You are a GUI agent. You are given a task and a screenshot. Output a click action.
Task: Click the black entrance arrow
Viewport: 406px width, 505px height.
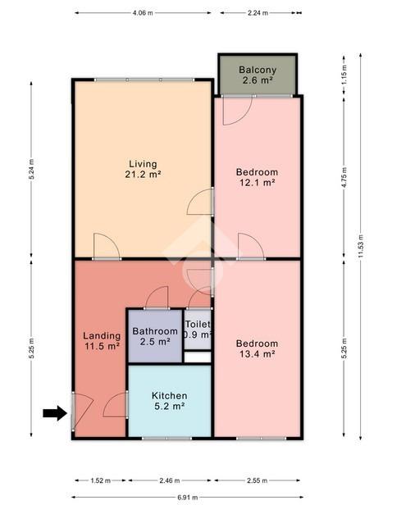pyautogui.click(x=55, y=413)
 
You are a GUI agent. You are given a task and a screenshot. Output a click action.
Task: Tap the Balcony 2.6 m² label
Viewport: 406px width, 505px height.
pyautogui.click(x=258, y=75)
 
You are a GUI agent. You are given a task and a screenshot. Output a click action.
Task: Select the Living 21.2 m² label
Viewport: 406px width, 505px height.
pyautogui.click(x=143, y=169)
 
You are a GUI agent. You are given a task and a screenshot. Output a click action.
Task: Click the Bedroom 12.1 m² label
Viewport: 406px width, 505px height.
pyautogui.click(x=257, y=177)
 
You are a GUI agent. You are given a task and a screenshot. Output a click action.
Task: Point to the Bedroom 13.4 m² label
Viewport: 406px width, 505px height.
pyautogui.click(x=257, y=348)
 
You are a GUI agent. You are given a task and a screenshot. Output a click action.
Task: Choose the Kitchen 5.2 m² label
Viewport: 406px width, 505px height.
pyautogui.click(x=170, y=401)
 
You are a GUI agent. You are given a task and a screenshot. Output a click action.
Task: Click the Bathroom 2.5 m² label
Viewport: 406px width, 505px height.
pyautogui.click(x=155, y=336)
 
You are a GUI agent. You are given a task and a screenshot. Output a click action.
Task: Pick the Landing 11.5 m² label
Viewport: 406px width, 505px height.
pyautogui.click(x=102, y=341)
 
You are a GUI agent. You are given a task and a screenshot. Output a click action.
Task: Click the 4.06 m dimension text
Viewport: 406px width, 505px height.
pyautogui.click(x=143, y=13)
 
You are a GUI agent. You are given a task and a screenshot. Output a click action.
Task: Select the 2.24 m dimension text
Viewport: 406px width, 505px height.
pyautogui.click(x=258, y=13)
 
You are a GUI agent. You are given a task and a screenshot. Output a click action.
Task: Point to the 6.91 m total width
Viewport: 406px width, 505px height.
pyautogui.click(x=188, y=498)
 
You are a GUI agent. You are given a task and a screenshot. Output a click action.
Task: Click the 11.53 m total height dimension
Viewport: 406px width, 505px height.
pyautogui.click(x=361, y=246)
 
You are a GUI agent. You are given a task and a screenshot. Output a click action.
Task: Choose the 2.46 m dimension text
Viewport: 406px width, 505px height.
pyautogui.click(x=170, y=480)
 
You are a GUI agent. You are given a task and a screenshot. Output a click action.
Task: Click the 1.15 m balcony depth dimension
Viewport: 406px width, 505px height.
pyautogui.click(x=344, y=75)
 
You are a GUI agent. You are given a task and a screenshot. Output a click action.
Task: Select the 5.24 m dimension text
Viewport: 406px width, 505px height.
pyautogui.click(x=31, y=169)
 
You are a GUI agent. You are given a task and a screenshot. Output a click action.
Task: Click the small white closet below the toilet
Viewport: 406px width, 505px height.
pyautogui.click(x=198, y=357)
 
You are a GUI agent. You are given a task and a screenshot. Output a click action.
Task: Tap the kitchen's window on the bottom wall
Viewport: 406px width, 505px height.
pyautogui.click(x=167, y=438)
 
